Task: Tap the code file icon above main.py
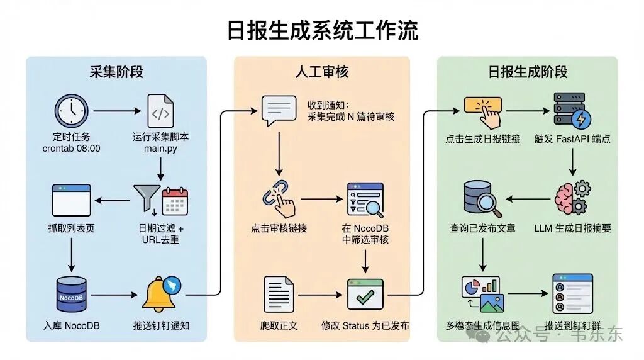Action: tap(160, 111)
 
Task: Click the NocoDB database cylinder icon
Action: tap(71, 295)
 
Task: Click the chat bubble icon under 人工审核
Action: tap(278, 111)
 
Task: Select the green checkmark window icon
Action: tap(365, 295)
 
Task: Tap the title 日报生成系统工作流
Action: tap(322, 30)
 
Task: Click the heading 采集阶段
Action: tap(116, 72)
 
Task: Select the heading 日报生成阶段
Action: tap(528, 72)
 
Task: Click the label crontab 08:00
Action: tap(72, 149)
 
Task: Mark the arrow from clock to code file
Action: tap(118, 111)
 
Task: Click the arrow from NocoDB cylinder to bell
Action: tap(115, 295)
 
